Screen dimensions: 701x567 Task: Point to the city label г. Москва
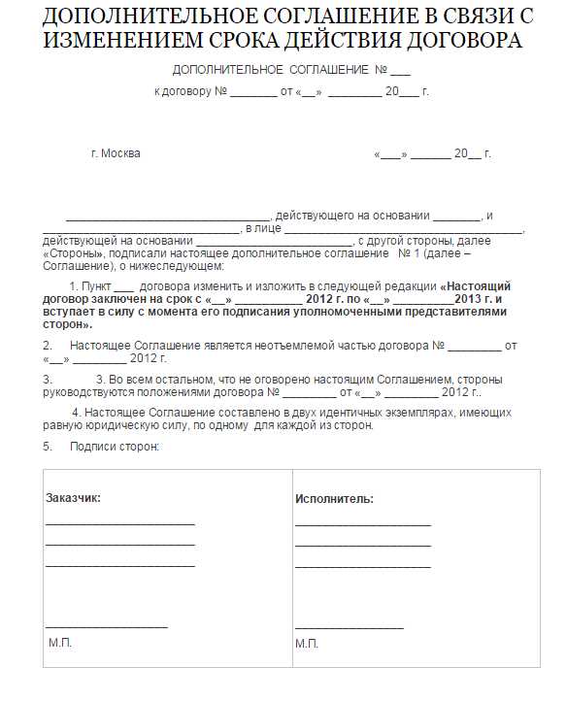tap(115, 153)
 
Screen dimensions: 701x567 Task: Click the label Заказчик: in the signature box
tap(73, 498)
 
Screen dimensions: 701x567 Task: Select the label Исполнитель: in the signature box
tap(334, 499)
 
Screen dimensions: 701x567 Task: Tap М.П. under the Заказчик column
tap(60, 643)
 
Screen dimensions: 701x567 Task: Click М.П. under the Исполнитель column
tap(307, 644)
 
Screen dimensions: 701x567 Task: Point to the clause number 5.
tap(47, 447)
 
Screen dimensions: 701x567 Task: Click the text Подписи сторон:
tap(114, 447)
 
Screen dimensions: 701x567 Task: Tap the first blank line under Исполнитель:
tap(362, 525)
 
